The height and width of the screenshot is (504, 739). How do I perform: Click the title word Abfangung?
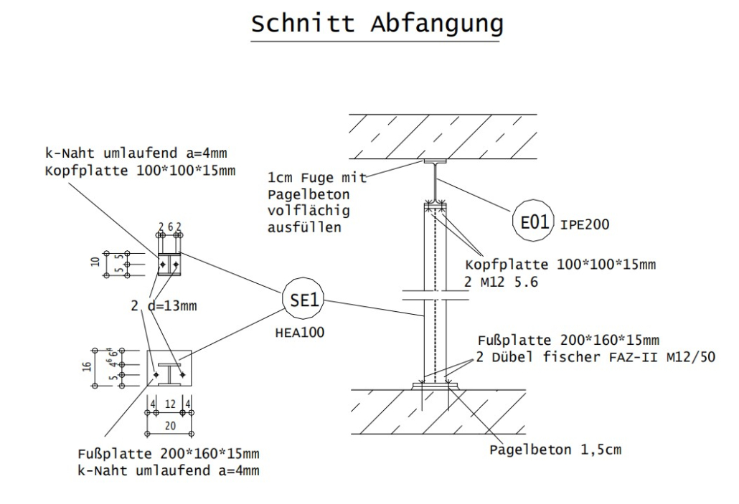[x=436, y=24]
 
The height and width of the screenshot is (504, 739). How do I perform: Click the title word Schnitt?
[x=302, y=24]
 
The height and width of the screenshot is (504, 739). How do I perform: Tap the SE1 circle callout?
[x=302, y=301]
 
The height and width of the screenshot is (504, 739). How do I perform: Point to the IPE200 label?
[x=585, y=224]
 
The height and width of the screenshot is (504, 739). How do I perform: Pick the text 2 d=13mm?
[x=164, y=306]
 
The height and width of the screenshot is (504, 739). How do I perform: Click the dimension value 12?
[x=169, y=405]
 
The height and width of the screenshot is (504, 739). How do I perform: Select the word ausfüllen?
[x=301, y=229]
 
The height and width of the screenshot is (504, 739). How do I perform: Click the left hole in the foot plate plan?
[x=156, y=374]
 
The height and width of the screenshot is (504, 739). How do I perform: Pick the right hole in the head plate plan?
[x=175, y=265]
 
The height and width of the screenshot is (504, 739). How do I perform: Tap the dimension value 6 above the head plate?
[x=169, y=227]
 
